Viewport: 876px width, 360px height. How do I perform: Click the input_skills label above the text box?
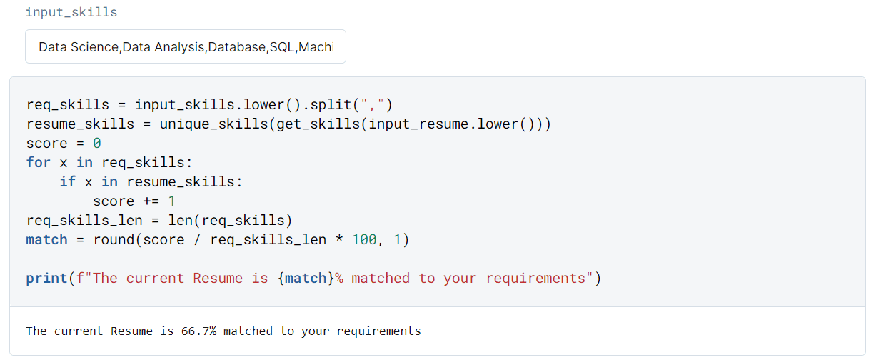tap(71, 13)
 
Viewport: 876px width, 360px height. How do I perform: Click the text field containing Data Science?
tap(186, 46)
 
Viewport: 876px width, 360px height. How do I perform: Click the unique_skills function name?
tap(213, 124)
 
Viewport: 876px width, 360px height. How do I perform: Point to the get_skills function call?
tap(318, 124)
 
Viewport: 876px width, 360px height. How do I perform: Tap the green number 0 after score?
tap(97, 144)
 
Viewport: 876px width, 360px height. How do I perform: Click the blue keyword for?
tap(39, 162)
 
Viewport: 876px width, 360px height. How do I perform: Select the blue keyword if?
tap(68, 181)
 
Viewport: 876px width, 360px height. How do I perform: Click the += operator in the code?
tap(151, 201)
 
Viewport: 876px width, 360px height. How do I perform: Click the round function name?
tap(114, 239)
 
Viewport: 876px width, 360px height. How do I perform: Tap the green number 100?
tap(364, 239)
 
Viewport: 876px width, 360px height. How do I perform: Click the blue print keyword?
tap(46, 279)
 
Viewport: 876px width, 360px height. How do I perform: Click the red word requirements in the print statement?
tap(535, 279)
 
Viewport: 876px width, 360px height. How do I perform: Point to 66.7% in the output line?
tap(198, 331)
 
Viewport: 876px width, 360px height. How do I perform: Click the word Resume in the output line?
tap(132, 331)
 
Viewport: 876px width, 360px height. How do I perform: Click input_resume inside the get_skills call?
tap(418, 124)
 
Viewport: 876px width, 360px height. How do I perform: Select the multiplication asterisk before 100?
tap(338, 239)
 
